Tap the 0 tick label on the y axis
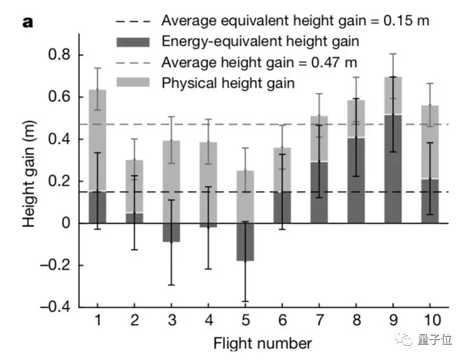[67, 223]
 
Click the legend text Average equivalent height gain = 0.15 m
[295, 21]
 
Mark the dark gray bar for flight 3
[170, 232]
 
